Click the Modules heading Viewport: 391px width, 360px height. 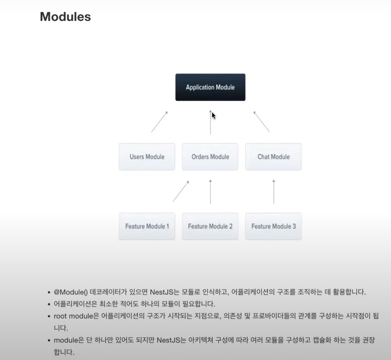65,17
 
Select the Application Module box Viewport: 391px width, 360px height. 210,87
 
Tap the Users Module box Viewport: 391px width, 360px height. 147,157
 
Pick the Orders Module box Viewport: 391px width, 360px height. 210,157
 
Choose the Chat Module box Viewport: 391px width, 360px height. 273,157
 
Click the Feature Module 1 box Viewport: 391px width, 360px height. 147,226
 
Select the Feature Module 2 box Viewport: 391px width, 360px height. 210,226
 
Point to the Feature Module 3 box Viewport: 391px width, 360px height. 273,226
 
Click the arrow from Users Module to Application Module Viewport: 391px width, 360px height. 159,122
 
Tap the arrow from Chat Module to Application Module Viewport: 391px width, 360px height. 261,122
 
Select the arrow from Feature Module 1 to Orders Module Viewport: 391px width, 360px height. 181,191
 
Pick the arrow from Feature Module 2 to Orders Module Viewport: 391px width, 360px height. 210,191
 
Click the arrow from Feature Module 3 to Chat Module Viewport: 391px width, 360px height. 274,191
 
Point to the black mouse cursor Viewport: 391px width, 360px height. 214,115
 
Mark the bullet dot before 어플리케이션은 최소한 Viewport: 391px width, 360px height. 49,304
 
